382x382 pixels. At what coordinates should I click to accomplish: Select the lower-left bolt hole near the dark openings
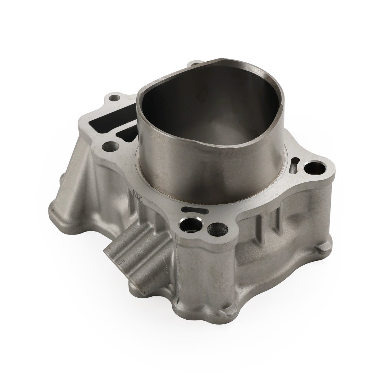point(109,145)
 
